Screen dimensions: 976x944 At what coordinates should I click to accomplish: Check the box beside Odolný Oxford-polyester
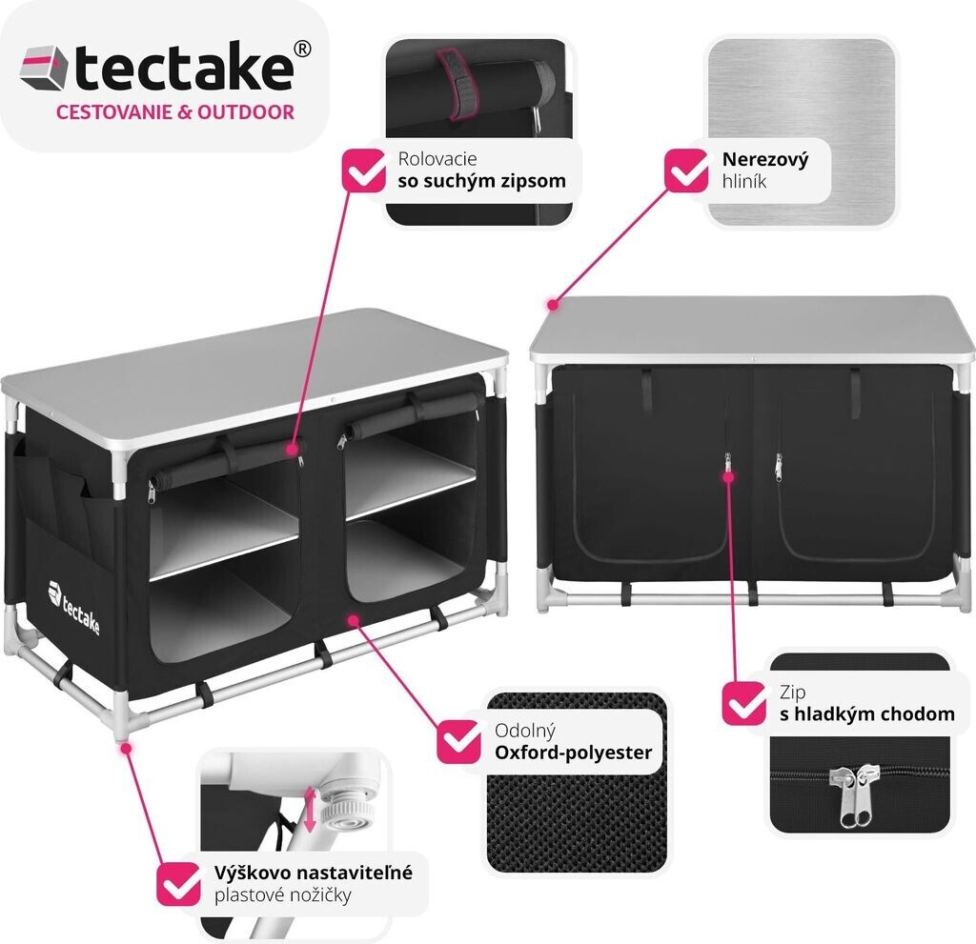(x=458, y=741)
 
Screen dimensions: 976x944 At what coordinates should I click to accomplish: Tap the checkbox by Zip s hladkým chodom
(x=743, y=703)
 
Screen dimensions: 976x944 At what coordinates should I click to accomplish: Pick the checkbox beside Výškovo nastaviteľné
(x=179, y=883)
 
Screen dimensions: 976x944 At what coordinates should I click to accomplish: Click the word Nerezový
(x=764, y=160)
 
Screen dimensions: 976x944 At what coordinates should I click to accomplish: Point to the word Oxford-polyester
(x=573, y=753)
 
